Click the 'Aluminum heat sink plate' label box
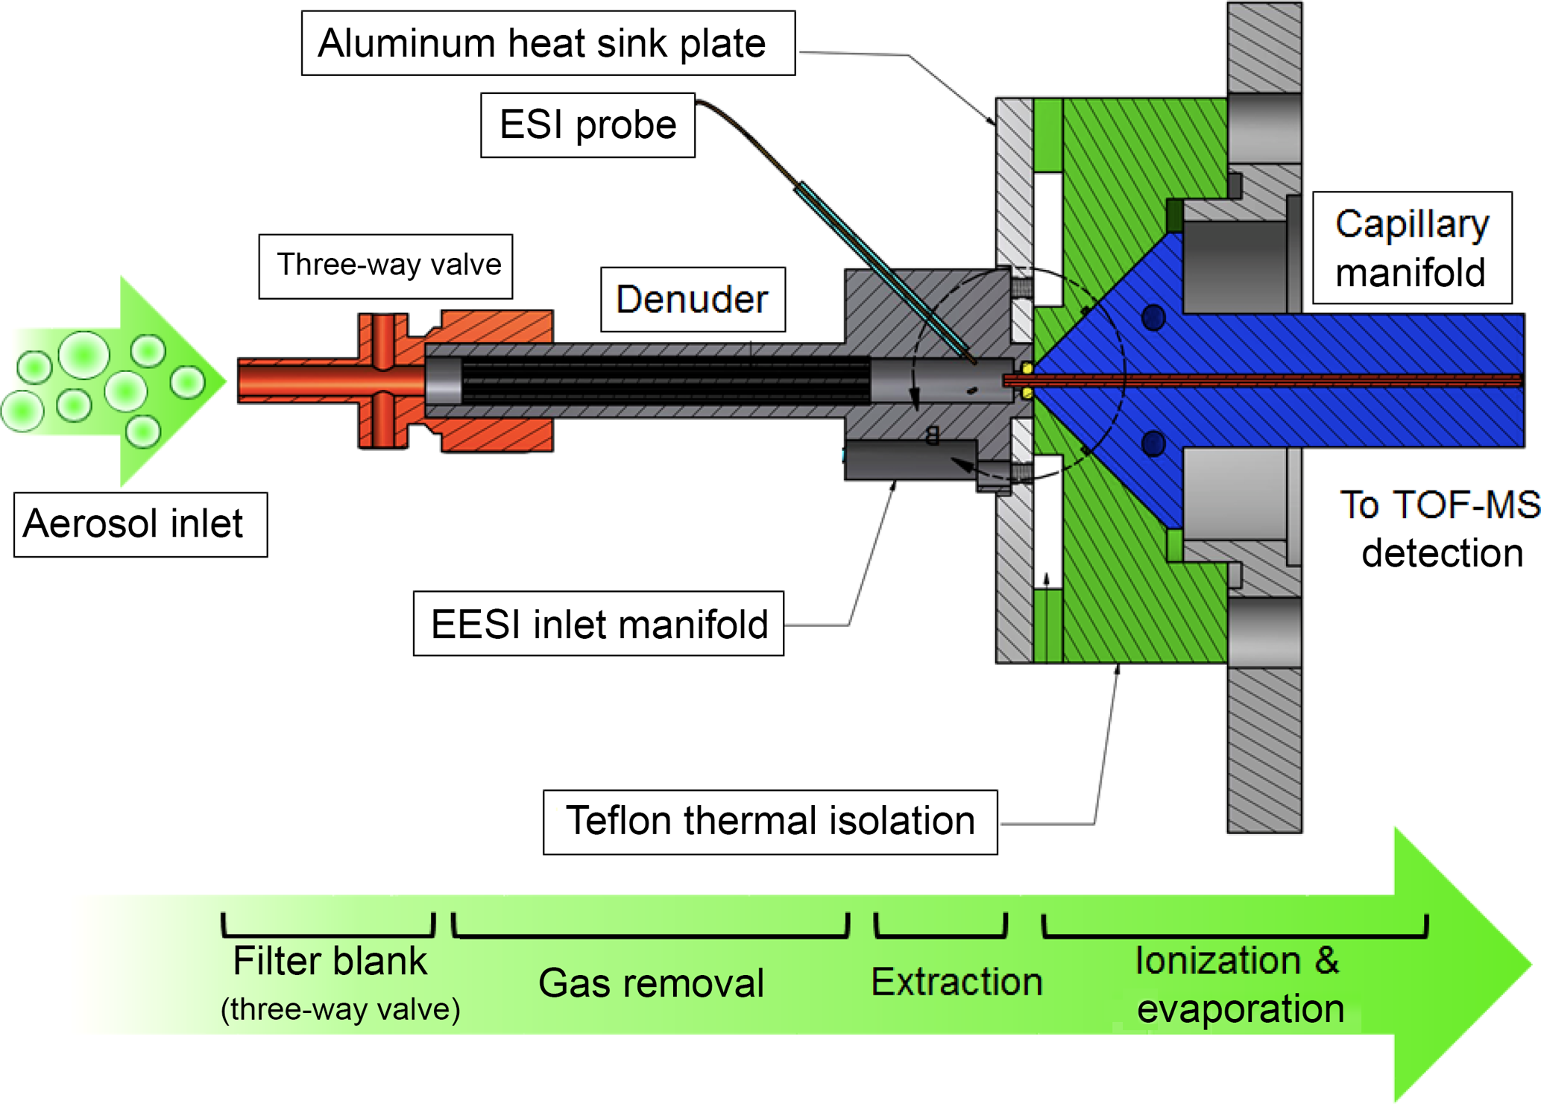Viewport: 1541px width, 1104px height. pos(548,43)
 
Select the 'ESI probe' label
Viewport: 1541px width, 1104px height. pos(587,124)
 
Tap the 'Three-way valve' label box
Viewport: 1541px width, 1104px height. pos(385,265)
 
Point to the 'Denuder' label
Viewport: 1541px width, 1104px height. pos(692,299)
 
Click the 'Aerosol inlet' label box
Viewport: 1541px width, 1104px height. pos(140,523)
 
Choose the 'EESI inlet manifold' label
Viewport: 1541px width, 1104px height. pos(599,623)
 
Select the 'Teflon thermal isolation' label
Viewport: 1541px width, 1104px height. pos(770,821)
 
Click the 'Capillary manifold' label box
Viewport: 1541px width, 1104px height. pos(1411,247)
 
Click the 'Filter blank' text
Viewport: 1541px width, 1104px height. pos(330,961)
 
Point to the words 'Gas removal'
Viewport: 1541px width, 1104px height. pos(651,983)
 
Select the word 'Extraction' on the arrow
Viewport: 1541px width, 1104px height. pos(957,982)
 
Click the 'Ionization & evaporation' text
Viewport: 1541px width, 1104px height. pos(1239,984)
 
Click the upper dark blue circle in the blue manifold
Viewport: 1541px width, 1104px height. pos(1153,318)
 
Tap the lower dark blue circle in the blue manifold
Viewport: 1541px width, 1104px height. pos(1153,444)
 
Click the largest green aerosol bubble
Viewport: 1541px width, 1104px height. pos(84,355)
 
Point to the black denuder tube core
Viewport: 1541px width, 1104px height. pos(664,381)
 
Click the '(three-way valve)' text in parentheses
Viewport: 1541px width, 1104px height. pos(340,1009)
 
